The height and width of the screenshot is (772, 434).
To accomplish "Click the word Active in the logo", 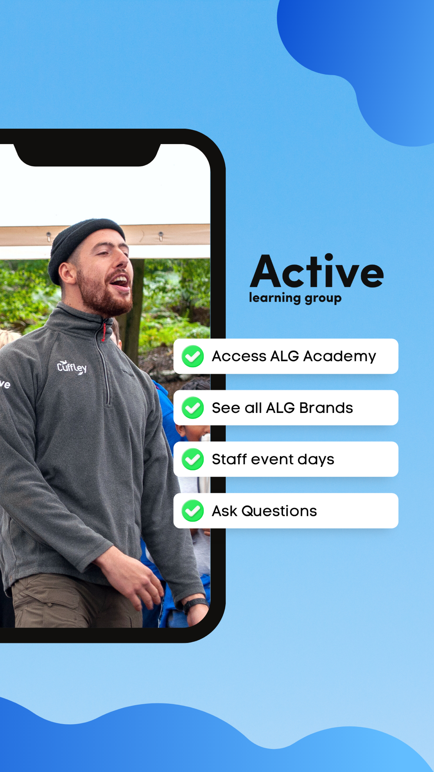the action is (x=317, y=271).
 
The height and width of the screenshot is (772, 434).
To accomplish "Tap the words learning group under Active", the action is (x=295, y=298).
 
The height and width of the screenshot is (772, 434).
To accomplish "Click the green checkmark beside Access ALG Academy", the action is (x=193, y=356).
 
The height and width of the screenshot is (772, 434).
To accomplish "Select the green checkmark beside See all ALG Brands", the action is (x=193, y=408).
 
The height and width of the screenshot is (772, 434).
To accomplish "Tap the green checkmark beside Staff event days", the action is (x=193, y=459).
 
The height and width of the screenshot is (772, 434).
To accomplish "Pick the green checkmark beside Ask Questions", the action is (x=193, y=511).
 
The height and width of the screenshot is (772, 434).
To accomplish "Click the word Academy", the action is (x=339, y=356).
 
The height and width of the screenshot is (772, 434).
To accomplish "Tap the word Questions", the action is (x=279, y=511).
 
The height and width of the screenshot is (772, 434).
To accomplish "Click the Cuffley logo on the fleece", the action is (x=72, y=367).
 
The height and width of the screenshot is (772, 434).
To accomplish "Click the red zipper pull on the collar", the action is (x=104, y=332).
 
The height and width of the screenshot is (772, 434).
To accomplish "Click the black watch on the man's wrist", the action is (x=195, y=605).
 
